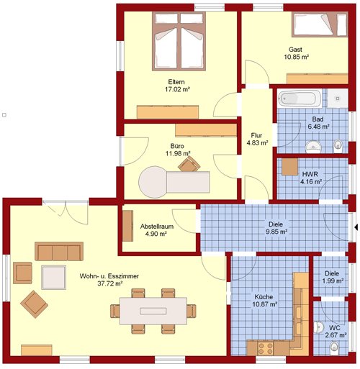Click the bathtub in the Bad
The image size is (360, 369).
pyautogui.click(x=300, y=99)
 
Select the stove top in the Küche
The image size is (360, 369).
pyautogui.click(x=265, y=348)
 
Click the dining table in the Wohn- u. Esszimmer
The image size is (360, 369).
pyautogui.click(x=153, y=311)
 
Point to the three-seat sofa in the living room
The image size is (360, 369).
pyautogui.click(x=59, y=251)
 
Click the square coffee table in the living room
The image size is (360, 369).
pyautogui.click(x=53, y=277)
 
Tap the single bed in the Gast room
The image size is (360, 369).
pyautogui.click(x=320, y=25)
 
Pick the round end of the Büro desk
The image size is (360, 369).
pyautogui.click(x=153, y=182)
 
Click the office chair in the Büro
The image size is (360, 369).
pyautogui.click(x=189, y=164)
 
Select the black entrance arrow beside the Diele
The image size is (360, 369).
pyautogui.click(x=356, y=227)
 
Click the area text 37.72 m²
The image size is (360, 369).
pyautogui.click(x=110, y=283)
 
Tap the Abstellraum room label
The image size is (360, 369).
pyautogui.click(x=157, y=227)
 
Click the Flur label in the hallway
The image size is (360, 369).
pyautogui.click(x=256, y=135)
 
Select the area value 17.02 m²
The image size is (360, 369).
pyautogui.click(x=177, y=89)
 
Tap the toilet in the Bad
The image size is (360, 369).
pyautogui.click(x=338, y=145)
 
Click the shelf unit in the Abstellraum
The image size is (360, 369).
pyautogui.click(x=127, y=226)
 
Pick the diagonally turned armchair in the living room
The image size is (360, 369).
pyautogui.click(x=34, y=304)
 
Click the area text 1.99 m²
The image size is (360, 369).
pyautogui.click(x=332, y=281)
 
